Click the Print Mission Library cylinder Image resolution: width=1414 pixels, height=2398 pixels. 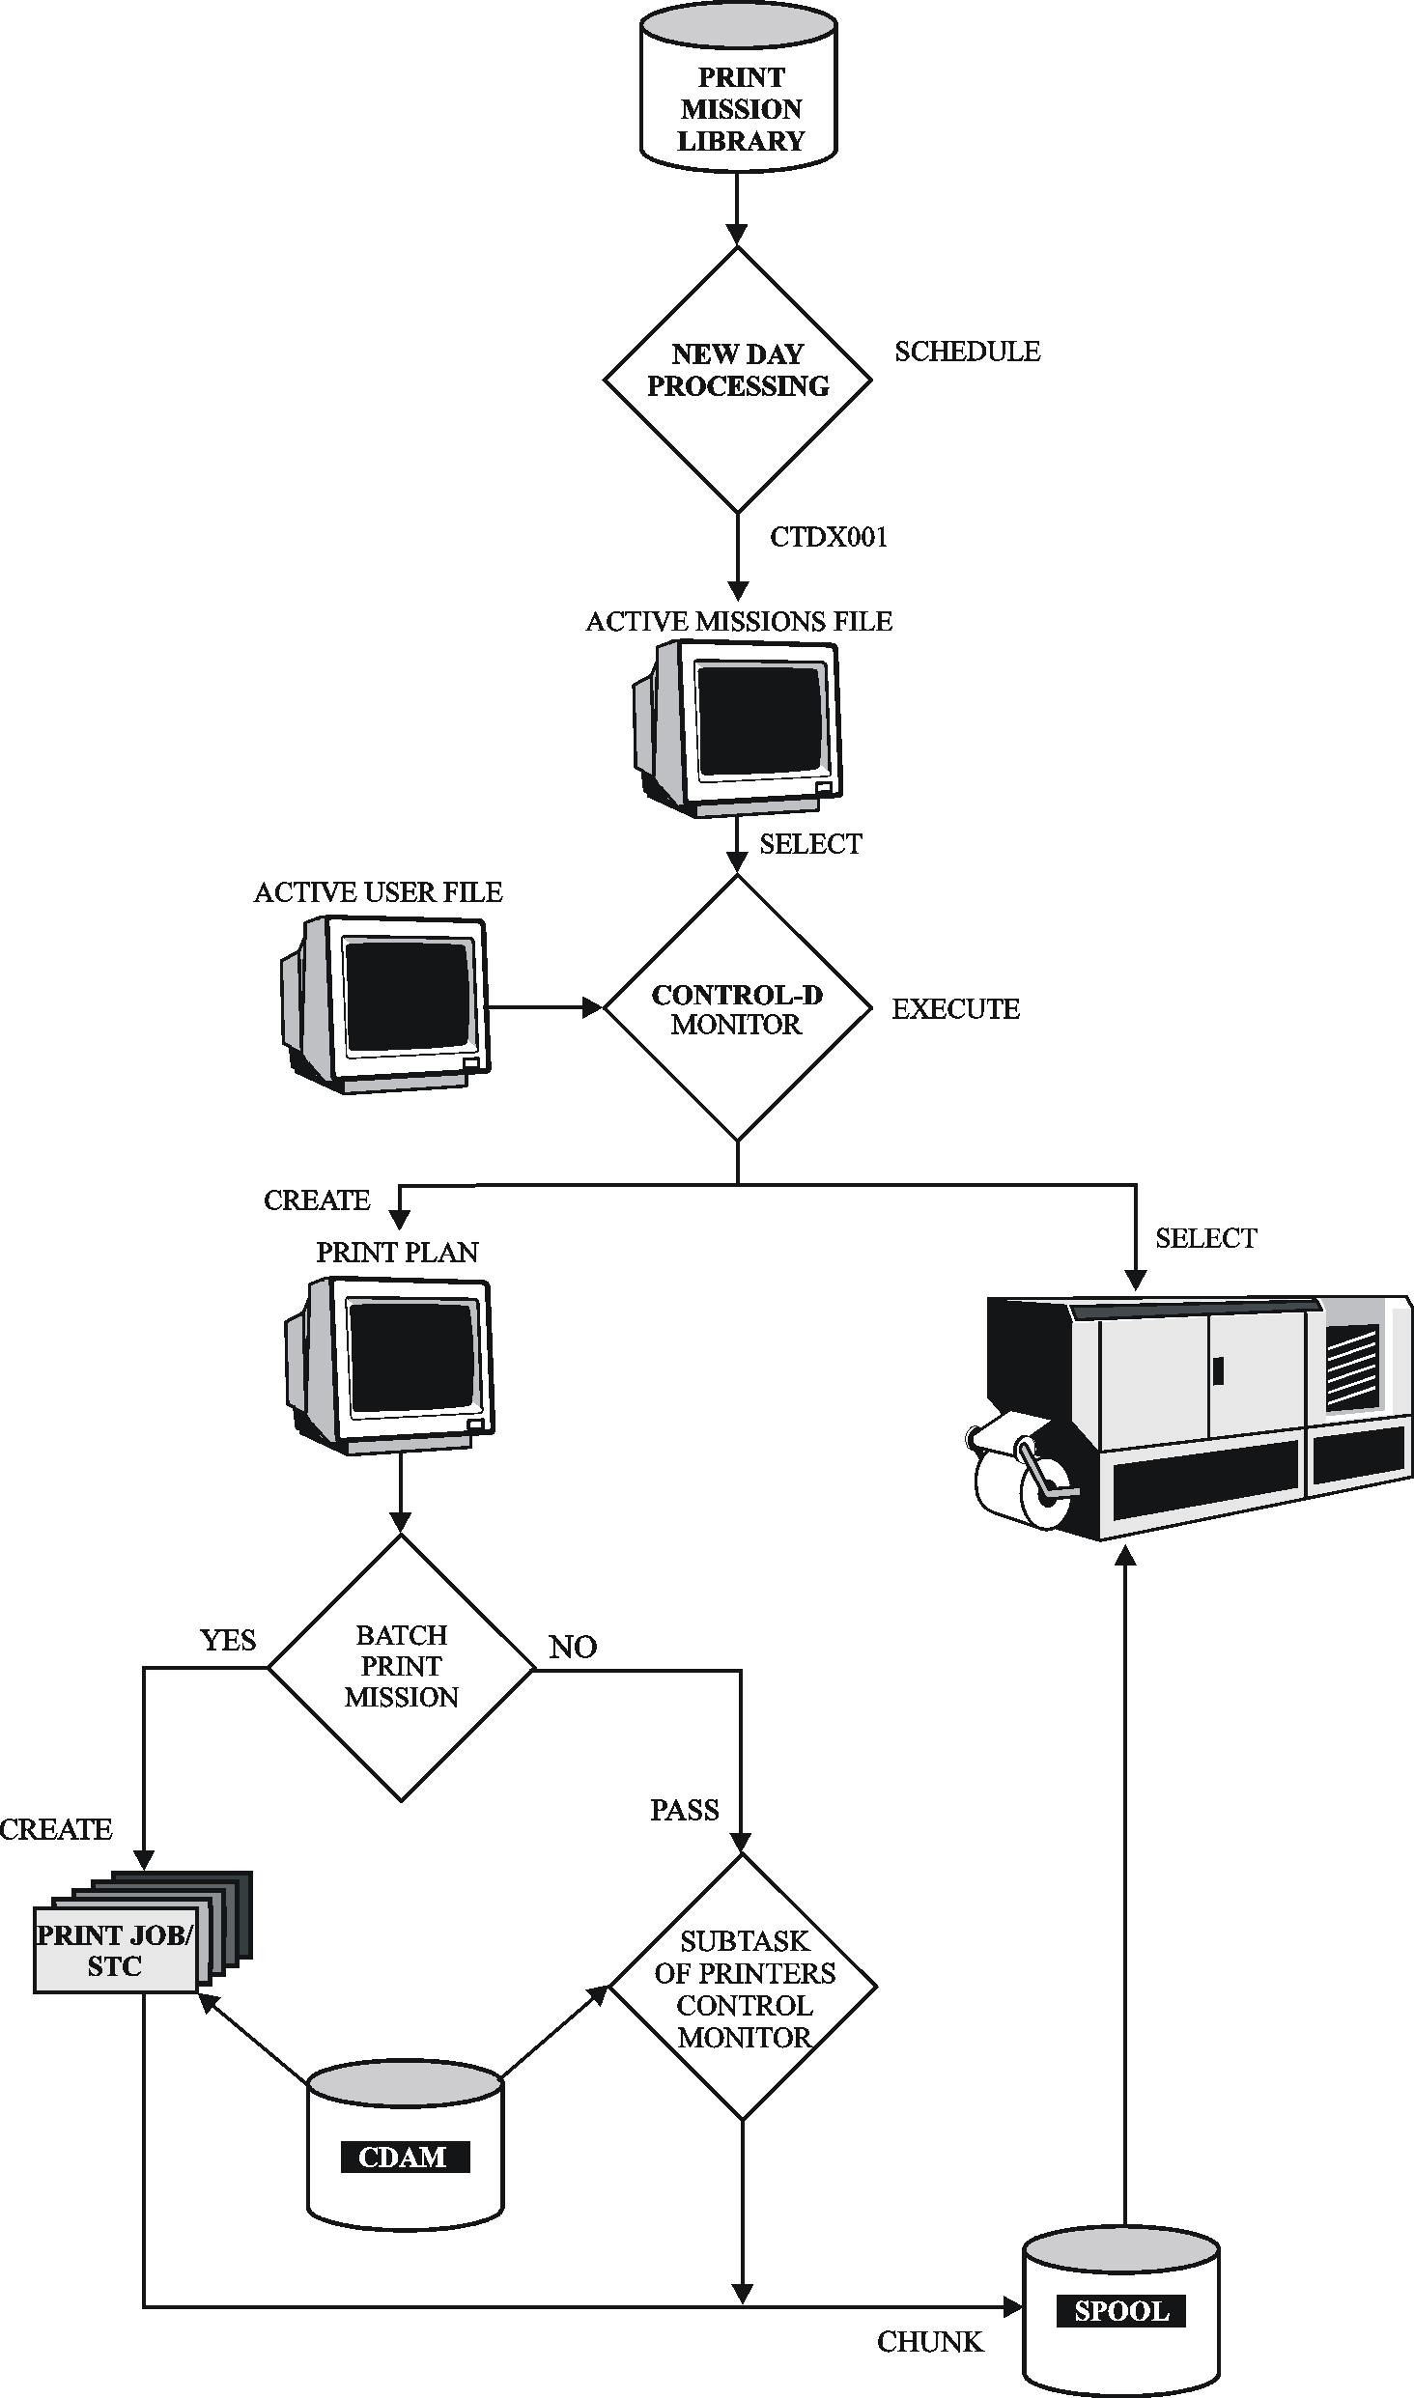[x=739, y=97]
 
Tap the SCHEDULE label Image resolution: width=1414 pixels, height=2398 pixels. [x=967, y=352]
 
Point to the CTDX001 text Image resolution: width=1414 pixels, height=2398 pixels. [x=828, y=537]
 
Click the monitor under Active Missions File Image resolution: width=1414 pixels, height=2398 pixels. [x=739, y=729]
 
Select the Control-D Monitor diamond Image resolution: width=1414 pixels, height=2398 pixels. [x=738, y=1008]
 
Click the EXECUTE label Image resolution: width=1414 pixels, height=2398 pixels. [x=955, y=1009]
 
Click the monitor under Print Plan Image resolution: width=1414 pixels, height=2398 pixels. [x=391, y=1364]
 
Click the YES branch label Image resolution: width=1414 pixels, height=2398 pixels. [x=228, y=1640]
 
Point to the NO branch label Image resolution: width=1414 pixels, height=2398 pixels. [x=573, y=1647]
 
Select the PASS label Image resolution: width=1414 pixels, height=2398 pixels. [x=684, y=1810]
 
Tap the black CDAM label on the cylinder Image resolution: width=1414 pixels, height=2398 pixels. [x=405, y=2157]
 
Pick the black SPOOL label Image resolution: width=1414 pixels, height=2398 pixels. [x=1121, y=2311]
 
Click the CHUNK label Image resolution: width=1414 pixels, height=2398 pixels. [x=930, y=2342]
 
